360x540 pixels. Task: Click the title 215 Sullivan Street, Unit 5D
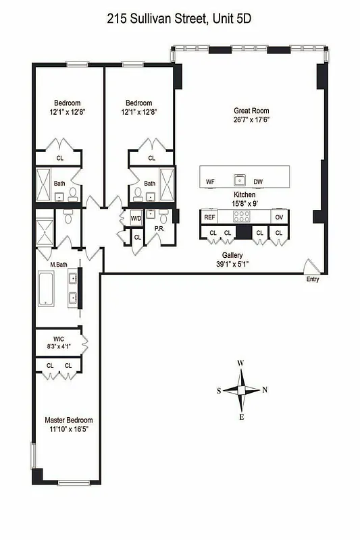click(x=180, y=20)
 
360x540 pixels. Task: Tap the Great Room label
click(x=251, y=111)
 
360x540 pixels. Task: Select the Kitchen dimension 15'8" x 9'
click(x=244, y=203)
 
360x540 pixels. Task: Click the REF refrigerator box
click(x=209, y=217)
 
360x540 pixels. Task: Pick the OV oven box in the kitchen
click(x=278, y=217)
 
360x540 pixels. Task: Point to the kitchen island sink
click(x=239, y=180)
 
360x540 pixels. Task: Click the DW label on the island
click(x=258, y=182)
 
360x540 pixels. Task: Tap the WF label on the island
click(x=210, y=182)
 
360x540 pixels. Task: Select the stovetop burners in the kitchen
click(x=241, y=217)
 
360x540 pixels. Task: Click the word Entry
click(x=311, y=279)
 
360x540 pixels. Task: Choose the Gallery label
click(x=232, y=255)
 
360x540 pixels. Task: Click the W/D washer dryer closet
click(x=136, y=218)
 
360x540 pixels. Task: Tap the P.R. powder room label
click(x=160, y=228)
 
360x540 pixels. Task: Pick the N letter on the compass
click(x=265, y=389)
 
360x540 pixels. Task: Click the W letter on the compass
click(x=240, y=364)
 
